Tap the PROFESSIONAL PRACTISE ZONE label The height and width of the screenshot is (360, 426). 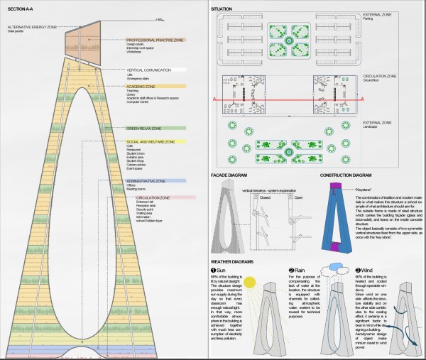pyautogui.click(x=154, y=40)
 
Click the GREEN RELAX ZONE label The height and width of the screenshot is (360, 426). pyautogui.click(x=143, y=129)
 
